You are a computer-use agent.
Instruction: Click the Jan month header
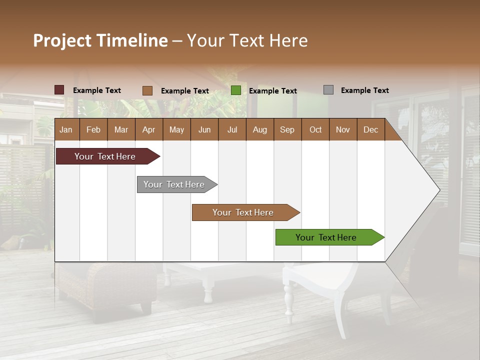[x=66, y=129]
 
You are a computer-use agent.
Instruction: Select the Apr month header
[x=148, y=129]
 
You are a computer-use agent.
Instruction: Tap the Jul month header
[x=232, y=129]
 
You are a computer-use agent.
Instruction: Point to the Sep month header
[x=287, y=129]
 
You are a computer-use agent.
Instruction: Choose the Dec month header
[x=370, y=129]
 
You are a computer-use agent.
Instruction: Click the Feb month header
[x=93, y=129]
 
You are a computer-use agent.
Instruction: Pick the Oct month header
[x=315, y=129]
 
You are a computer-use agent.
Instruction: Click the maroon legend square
[x=59, y=90]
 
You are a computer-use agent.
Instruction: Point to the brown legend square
[x=147, y=90]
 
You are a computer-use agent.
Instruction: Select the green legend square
[x=236, y=90]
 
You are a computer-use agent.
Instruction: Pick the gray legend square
[x=328, y=90]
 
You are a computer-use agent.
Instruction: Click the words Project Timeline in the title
[x=100, y=40]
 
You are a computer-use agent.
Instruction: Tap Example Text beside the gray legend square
[x=364, y=90]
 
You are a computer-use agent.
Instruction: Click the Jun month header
[x=204, y=129]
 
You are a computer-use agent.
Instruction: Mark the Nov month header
[x=343, y=129]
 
